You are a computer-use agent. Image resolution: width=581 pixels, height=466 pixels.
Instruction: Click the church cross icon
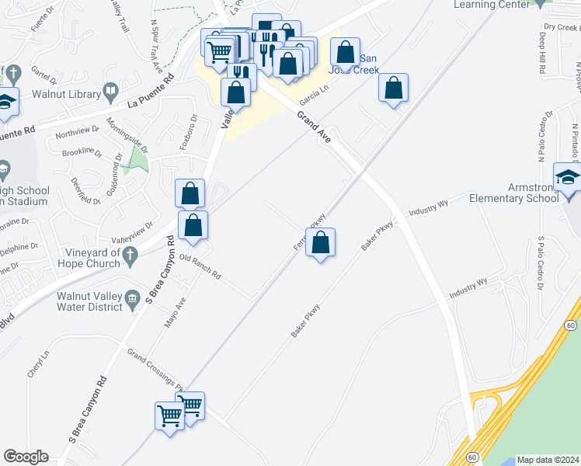131,253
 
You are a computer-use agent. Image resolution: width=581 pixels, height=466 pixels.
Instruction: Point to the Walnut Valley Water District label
89,301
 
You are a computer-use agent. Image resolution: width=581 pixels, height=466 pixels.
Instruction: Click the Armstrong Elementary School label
514,192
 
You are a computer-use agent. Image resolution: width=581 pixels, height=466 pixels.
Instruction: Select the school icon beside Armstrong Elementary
568,178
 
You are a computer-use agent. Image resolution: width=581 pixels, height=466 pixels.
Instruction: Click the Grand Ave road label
314,127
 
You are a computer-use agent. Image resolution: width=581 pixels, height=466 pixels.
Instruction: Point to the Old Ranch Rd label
200,266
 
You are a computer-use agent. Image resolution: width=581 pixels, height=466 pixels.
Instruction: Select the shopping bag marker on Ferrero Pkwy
321,243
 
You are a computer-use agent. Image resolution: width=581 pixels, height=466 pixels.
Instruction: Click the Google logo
26,457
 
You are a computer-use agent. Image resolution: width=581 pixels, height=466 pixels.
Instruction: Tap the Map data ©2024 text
548,460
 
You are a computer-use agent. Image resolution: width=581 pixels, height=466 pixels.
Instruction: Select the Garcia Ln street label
310,97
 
